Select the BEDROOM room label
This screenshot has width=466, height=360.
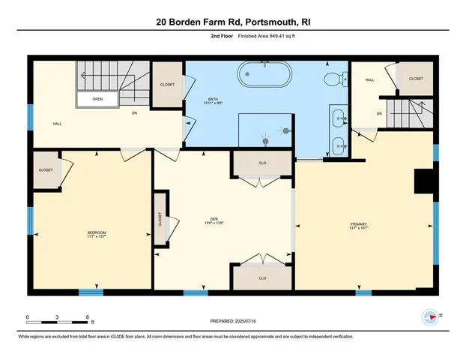[97, 234]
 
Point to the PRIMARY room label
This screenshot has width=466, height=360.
[359, 225]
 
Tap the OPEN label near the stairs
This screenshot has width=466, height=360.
[98, 98]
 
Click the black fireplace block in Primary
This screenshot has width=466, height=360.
[425, 181]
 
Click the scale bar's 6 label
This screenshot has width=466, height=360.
[88, 317]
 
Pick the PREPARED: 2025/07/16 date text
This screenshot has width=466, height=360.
[233, 320]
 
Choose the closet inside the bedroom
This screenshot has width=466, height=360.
[46, 170]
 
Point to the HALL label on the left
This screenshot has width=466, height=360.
[57, 124]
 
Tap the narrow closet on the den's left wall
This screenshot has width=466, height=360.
[160, 219]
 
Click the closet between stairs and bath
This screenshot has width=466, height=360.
[167, 85]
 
